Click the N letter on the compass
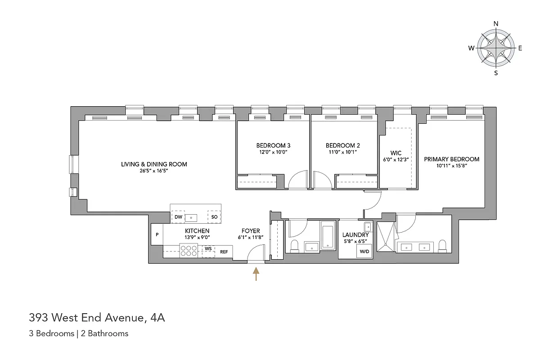pyautogui.click(x=496, y=24)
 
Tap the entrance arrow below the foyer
pyautogui.click(x=256, y=274)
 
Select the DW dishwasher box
pyautogui.click(x=178, y=217)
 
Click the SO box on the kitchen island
pyautogui.click(x=214, y=217)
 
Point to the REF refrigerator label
pyautogui.click(x=224, y=252)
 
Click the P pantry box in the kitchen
pyautogui.click(x=157, y=234)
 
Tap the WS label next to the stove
pyautogui.click(x=208, y=248)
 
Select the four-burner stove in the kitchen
pyautogui.click(x=189, y=251)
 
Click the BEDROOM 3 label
pyautogui.click(x=273, y=145)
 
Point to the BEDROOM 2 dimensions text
pyautogui.click(x=342, y=152)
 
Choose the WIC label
pyautogui.click(x=396, y=153)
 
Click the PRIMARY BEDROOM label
pyautogui.click(x=451, y=159)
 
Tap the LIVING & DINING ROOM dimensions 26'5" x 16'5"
pyautogui.click(x=154, y=171)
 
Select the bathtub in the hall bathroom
pyautogui.click(x=328, y=236)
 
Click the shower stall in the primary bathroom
pyautogui.click(x=386, y=236)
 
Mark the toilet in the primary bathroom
pyautogui.click(x=442, y=245)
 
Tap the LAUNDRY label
pyautogui.click(x=355, y=234)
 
